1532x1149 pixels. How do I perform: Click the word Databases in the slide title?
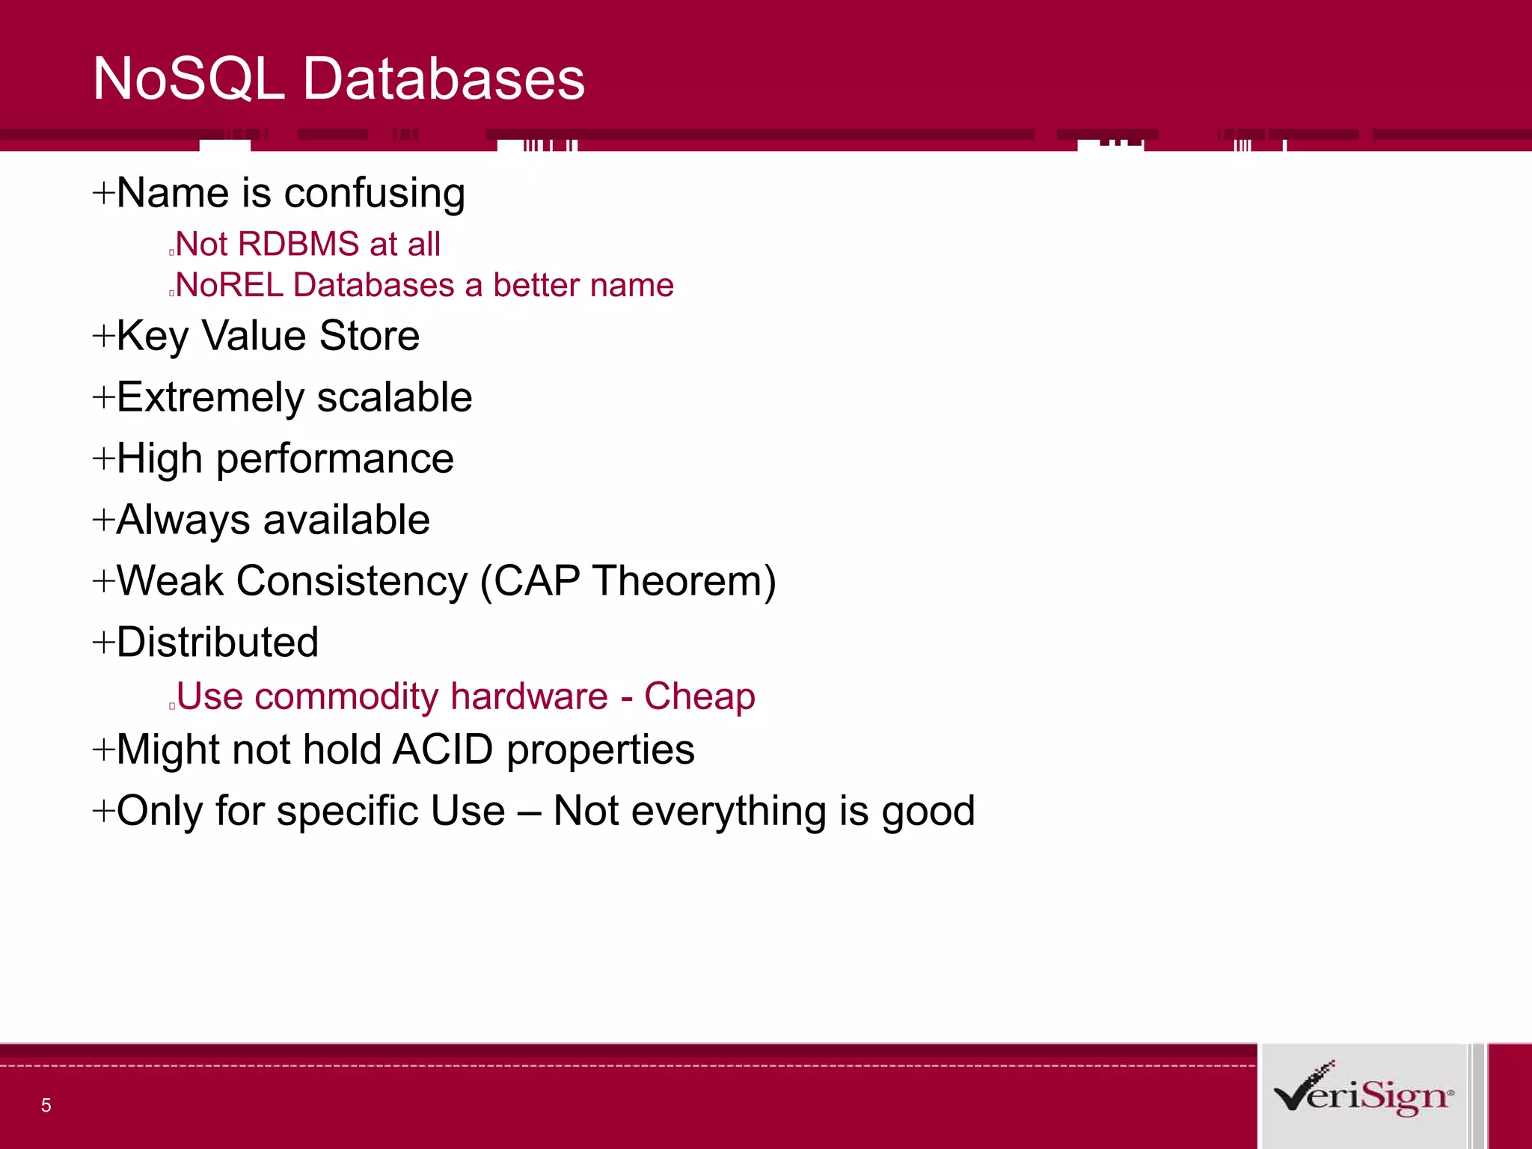(444, 79)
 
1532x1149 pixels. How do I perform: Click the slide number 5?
(46, 1105)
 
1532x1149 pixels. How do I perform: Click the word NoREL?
(230, 285)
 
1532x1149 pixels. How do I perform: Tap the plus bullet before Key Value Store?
(102, 336)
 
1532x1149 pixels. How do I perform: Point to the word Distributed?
(218, 643)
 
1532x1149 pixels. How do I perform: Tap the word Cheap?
(699, 696)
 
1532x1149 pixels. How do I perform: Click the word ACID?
(442, 750)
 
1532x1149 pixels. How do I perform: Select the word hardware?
(529, 696)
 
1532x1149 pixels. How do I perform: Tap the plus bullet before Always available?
(102, 520)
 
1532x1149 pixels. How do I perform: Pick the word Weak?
(170, 581)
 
